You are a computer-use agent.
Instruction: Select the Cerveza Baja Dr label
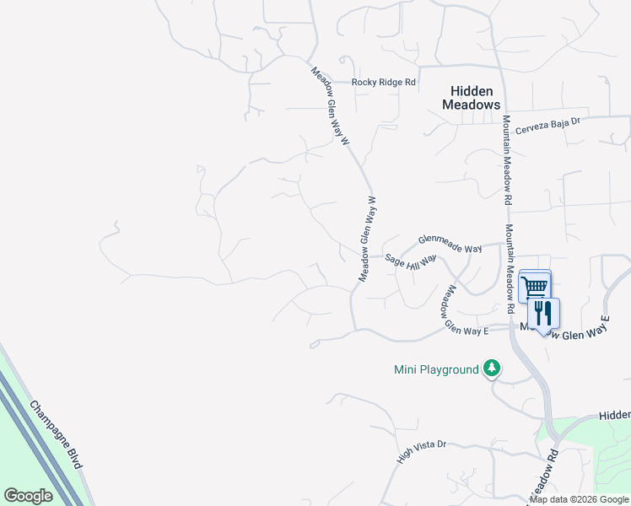point(550,121)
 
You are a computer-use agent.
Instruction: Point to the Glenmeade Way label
point(450,245)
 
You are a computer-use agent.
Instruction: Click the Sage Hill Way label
point(411,261)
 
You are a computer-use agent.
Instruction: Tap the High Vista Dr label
point(421,452)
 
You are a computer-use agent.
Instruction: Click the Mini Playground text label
point(436,369)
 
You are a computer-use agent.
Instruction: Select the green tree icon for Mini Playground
point(492,369)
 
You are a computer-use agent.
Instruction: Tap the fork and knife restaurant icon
point(543,313)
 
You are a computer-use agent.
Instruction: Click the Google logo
point(28,496)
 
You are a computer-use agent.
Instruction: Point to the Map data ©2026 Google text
point(580,499)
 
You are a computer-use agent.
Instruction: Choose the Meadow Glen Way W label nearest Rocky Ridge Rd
point(330,107)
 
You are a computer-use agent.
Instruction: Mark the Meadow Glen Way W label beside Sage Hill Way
point(367,240)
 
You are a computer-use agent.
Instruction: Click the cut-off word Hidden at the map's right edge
point(614,416)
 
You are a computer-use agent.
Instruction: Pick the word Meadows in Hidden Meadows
point(472,105)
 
